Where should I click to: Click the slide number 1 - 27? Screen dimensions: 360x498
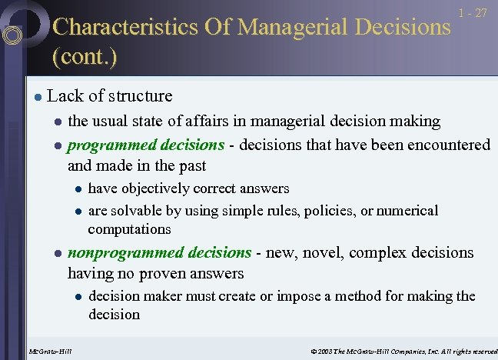coord(471,14)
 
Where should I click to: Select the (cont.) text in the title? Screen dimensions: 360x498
coord(84,57)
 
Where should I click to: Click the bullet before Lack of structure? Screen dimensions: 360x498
coord(37,97)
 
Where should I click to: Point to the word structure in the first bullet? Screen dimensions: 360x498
coord(141,96)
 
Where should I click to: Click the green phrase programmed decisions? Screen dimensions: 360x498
coord(146,145)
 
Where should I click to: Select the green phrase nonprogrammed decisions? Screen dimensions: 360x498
coord(159,252)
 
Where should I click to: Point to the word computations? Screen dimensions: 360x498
coord(129,229)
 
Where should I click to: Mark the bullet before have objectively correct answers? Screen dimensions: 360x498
coord(78,189)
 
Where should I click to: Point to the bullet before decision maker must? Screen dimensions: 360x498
coord(78,297)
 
